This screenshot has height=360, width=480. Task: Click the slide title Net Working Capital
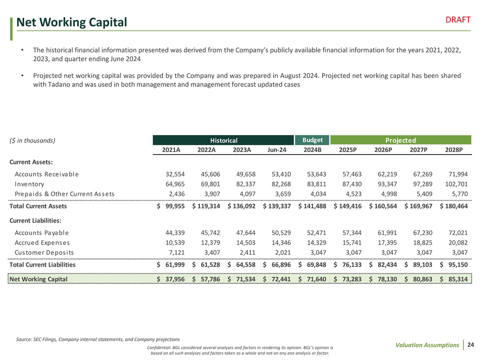click(x=71, y=22)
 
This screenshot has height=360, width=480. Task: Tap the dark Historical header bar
click(x=223, y=141)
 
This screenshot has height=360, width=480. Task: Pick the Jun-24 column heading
click(x=276, y=150)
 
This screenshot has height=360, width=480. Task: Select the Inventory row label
click(x=29, y=184)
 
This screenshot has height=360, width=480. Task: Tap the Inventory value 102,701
click(x=454, y=184)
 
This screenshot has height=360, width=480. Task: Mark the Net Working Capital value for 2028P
click(x=454, y=279)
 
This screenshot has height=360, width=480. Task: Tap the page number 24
click(x=470, y=344)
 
